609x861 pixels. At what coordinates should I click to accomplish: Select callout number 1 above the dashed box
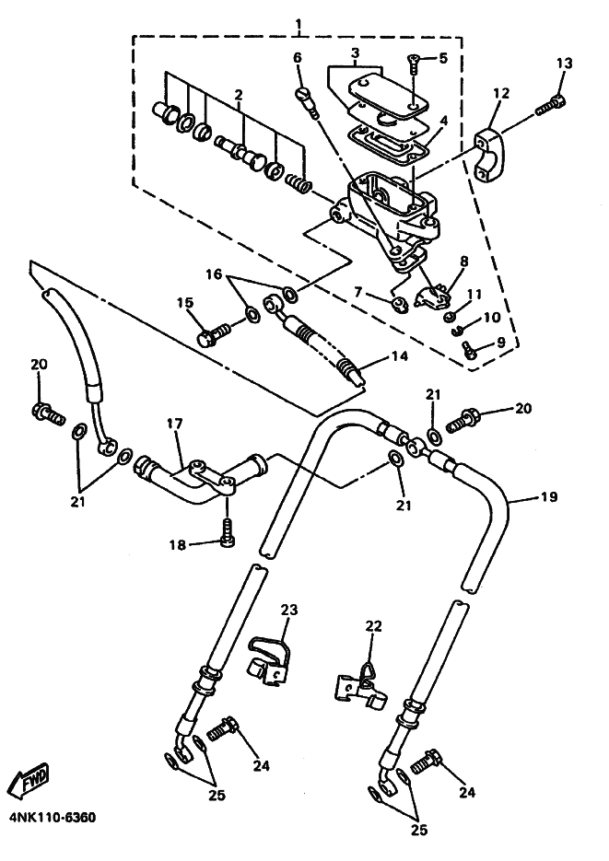click(299, 24)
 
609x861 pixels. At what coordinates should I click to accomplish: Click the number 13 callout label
click(564, 64)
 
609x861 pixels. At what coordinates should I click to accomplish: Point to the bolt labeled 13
click(550, 105)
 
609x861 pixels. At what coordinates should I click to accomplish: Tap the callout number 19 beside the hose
click(549, 497)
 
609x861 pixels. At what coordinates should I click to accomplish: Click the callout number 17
click(175, 424)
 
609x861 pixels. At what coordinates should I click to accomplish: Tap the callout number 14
click(400, 355)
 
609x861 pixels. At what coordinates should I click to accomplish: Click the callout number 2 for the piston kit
click(239, 95)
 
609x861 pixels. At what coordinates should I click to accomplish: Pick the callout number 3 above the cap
click(356, 53)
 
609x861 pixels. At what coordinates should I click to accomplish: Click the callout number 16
click(214, 273)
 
